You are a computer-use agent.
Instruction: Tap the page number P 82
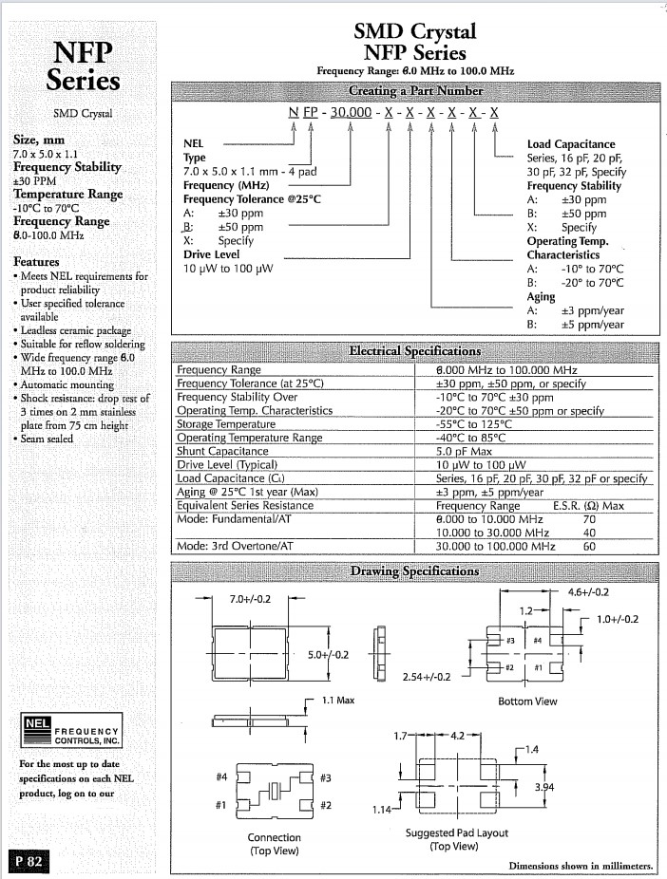click(x=30, y=862)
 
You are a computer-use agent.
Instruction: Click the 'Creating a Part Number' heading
click(x=415, y=91)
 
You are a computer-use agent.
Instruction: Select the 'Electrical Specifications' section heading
click(x=415, y=351)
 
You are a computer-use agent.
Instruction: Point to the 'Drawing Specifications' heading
click(x=415, y=570)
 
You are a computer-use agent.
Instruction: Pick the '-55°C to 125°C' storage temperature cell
click(x=474, y=424)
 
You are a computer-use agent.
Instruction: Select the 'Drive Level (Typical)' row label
click(x=227, y=465)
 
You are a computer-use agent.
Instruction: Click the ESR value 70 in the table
click(x=589, y=520)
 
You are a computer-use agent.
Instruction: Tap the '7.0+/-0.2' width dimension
click(x=250, y=600)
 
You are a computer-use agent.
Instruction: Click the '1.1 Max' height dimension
click(x=338, y=701)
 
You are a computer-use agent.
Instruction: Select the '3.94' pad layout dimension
click(x=544, y=789)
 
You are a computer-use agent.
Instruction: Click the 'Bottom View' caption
click(x=527, y=701)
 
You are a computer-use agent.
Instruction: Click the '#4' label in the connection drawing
click(x=221, y=777)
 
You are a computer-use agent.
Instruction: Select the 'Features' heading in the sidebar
click(x=36, y=261)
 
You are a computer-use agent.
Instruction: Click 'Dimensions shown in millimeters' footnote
click(x=581, y=866)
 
